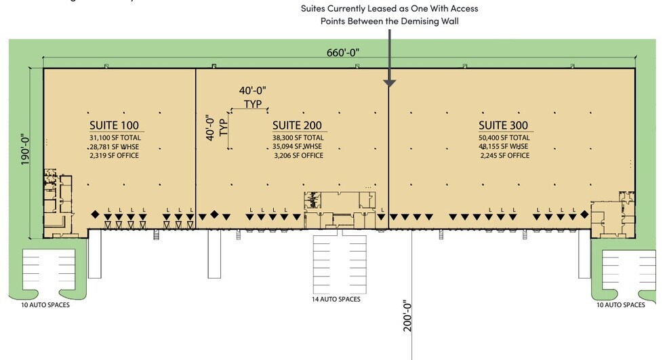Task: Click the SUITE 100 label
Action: pos(114,125)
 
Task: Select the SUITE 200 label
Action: pos(296,125)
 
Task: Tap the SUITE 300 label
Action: pos(503,125)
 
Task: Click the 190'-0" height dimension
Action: pos(26,148)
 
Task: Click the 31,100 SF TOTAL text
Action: pos(114,138)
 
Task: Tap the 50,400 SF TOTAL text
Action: pos(503,138)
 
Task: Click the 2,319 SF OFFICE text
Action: pos(114,156)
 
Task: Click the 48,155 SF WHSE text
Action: pos(503,146)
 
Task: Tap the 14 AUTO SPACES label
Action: pos(336,299)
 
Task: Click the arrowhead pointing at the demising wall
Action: pos(389,83)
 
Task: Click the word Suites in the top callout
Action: pos(315,9)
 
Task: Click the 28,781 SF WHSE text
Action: pos(114,146)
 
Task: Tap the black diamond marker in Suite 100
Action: pos(96,215)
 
